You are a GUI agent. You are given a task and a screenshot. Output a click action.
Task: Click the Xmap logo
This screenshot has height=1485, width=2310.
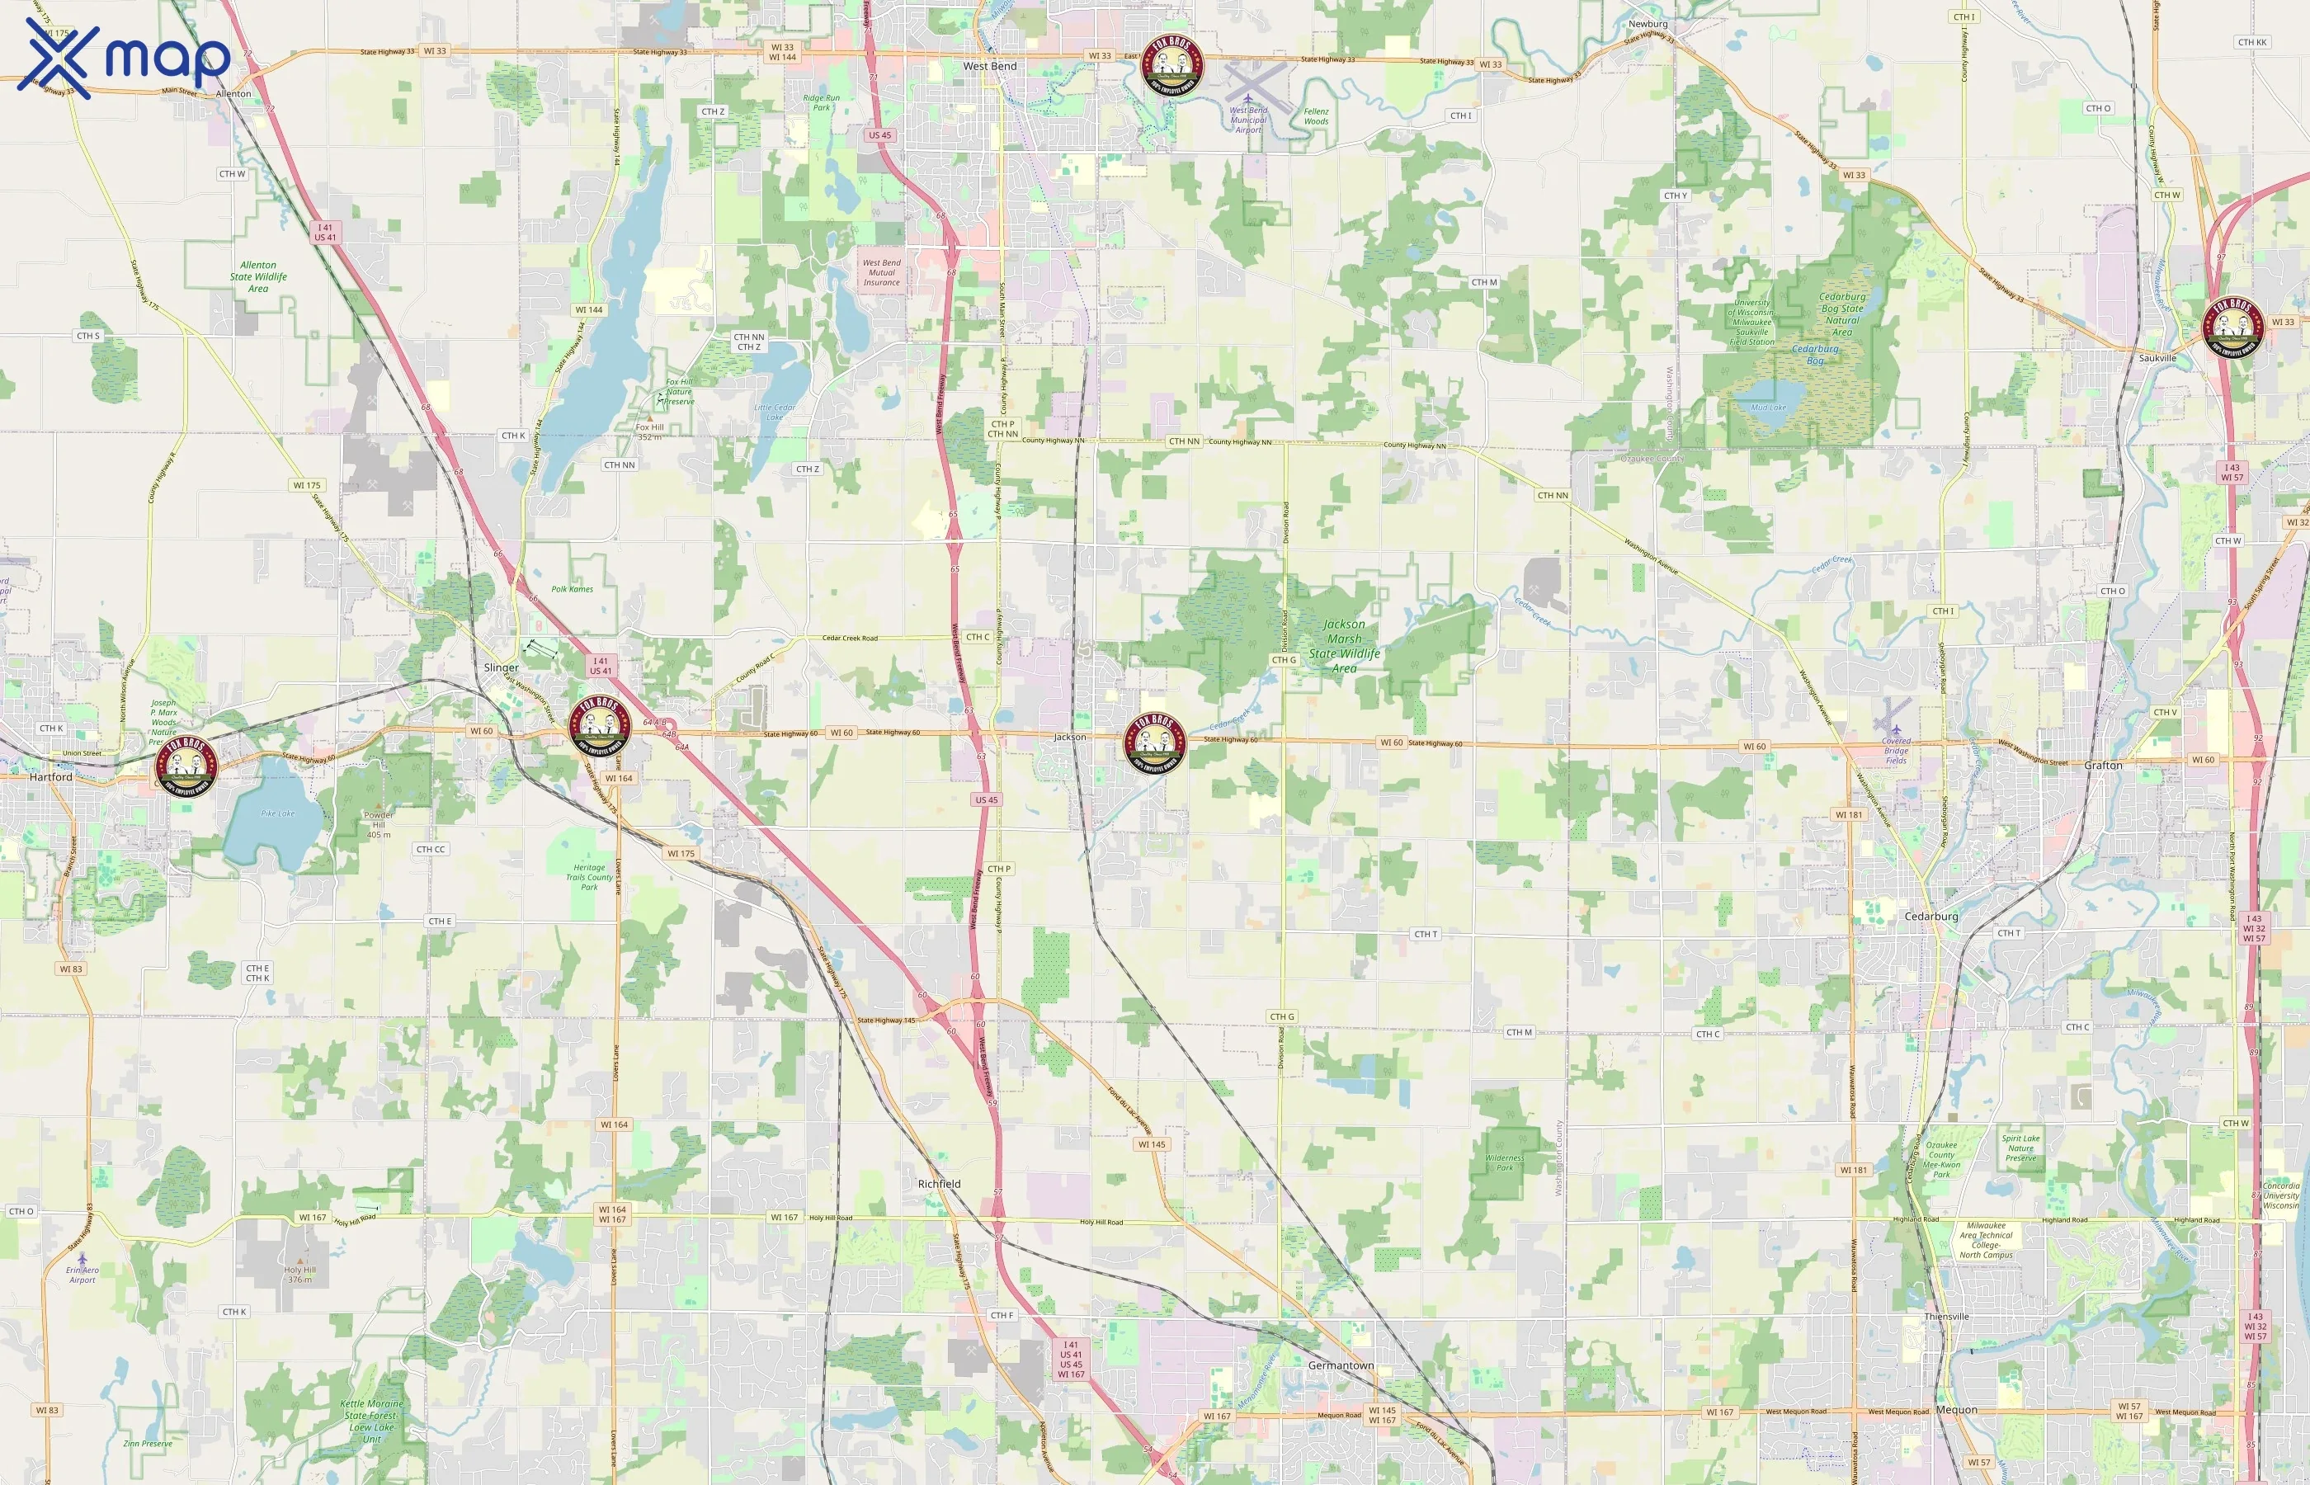tap(124, 58)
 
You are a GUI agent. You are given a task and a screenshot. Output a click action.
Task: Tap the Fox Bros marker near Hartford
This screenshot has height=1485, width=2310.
tap(186, 766)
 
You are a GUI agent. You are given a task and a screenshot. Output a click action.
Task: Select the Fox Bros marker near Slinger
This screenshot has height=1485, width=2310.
tap(599, 726)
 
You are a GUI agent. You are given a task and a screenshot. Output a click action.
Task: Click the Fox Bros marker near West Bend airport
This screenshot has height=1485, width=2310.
tap(1171, 65)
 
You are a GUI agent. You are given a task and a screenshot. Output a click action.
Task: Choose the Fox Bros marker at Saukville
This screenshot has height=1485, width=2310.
tap(2233, 328)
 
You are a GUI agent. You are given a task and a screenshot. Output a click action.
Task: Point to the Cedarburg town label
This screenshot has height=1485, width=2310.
tap(1931, 916)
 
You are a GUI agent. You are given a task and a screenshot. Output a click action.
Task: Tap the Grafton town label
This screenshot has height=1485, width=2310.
tap(2103, 765)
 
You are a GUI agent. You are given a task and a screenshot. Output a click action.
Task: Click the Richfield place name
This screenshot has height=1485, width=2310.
tap(939, 1183)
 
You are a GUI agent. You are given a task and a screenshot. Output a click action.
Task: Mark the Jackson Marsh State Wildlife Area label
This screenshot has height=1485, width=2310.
tap(1344, 646)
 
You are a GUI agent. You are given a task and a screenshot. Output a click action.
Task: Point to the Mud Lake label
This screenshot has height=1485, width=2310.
tap(1768, 407)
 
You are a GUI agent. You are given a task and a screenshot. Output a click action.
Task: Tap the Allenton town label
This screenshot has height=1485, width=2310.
tap(233, 93)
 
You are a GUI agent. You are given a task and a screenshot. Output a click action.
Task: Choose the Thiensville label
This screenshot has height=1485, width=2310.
tap(1946, 1316)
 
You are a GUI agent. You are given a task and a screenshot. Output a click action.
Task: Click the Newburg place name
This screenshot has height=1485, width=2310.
tap(1648, 24)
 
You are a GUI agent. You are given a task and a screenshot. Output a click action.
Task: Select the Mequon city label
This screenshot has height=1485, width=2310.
tap(1956, 1410)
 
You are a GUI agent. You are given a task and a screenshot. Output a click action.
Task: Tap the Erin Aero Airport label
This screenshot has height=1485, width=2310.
tap(82, 1274)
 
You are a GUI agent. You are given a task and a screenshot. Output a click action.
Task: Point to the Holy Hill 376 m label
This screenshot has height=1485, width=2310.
tap(299, 1274)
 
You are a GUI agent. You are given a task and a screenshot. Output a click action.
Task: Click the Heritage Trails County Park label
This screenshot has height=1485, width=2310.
tap(589, 876)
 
